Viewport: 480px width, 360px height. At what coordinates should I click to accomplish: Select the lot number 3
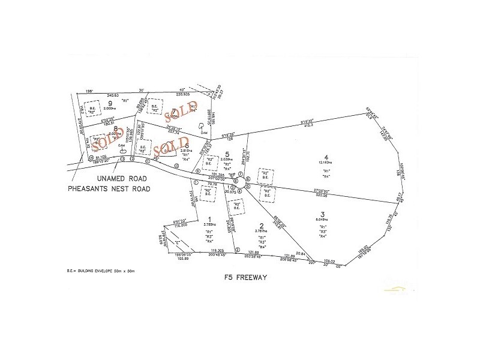tap(322, 214)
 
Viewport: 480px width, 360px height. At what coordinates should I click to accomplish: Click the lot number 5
tap(227, 154)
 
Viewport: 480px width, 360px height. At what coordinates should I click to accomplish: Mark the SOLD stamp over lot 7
tap(183, 110)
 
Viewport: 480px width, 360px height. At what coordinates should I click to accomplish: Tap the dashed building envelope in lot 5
tap(210, 162)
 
